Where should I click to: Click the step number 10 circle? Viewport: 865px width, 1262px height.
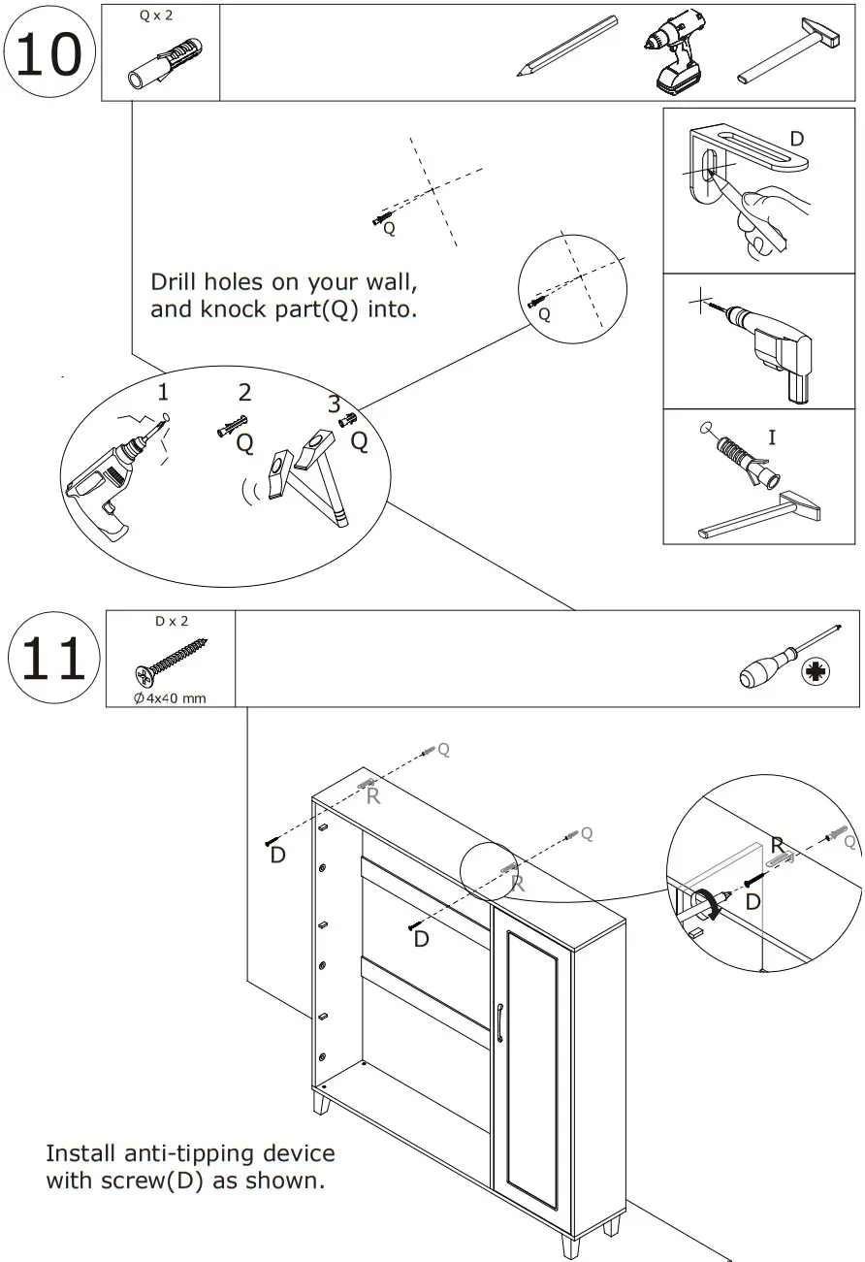[x=50, y=53]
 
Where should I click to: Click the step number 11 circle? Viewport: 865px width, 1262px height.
[x=53, y=660]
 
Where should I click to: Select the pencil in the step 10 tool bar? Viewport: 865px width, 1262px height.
[x=567, y=45]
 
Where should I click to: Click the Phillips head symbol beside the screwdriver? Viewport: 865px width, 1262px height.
[x=816, y=670]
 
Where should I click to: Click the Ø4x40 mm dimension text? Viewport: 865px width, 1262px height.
[x=170, y=697]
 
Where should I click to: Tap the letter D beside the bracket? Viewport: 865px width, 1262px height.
[x=796, y=139]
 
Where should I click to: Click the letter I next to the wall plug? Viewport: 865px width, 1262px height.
[x=772, y=437]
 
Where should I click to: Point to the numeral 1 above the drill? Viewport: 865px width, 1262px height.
[x=163, y=392]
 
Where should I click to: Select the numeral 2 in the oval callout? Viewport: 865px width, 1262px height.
[x=244, y=392]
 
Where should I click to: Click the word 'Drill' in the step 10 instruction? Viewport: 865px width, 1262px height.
[x=173, y=282]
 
